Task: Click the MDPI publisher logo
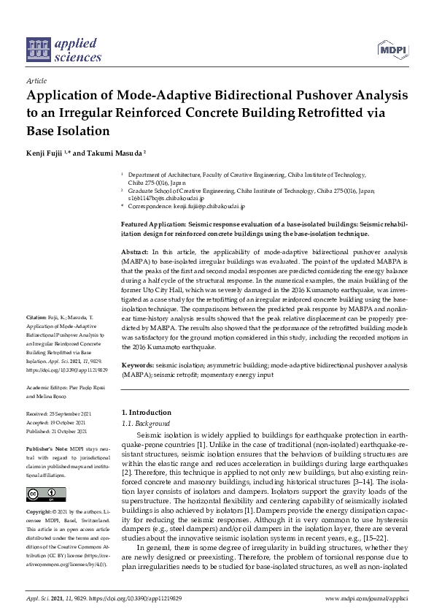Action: click(x=392, y=50)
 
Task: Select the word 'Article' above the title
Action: click(x=36, y=81)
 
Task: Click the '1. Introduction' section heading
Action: click(x=146, y=413)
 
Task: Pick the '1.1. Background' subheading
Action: click(x=145, y=424)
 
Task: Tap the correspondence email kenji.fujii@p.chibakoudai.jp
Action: click(x=196, y=207)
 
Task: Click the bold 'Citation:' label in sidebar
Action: click(x=36, y=338)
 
